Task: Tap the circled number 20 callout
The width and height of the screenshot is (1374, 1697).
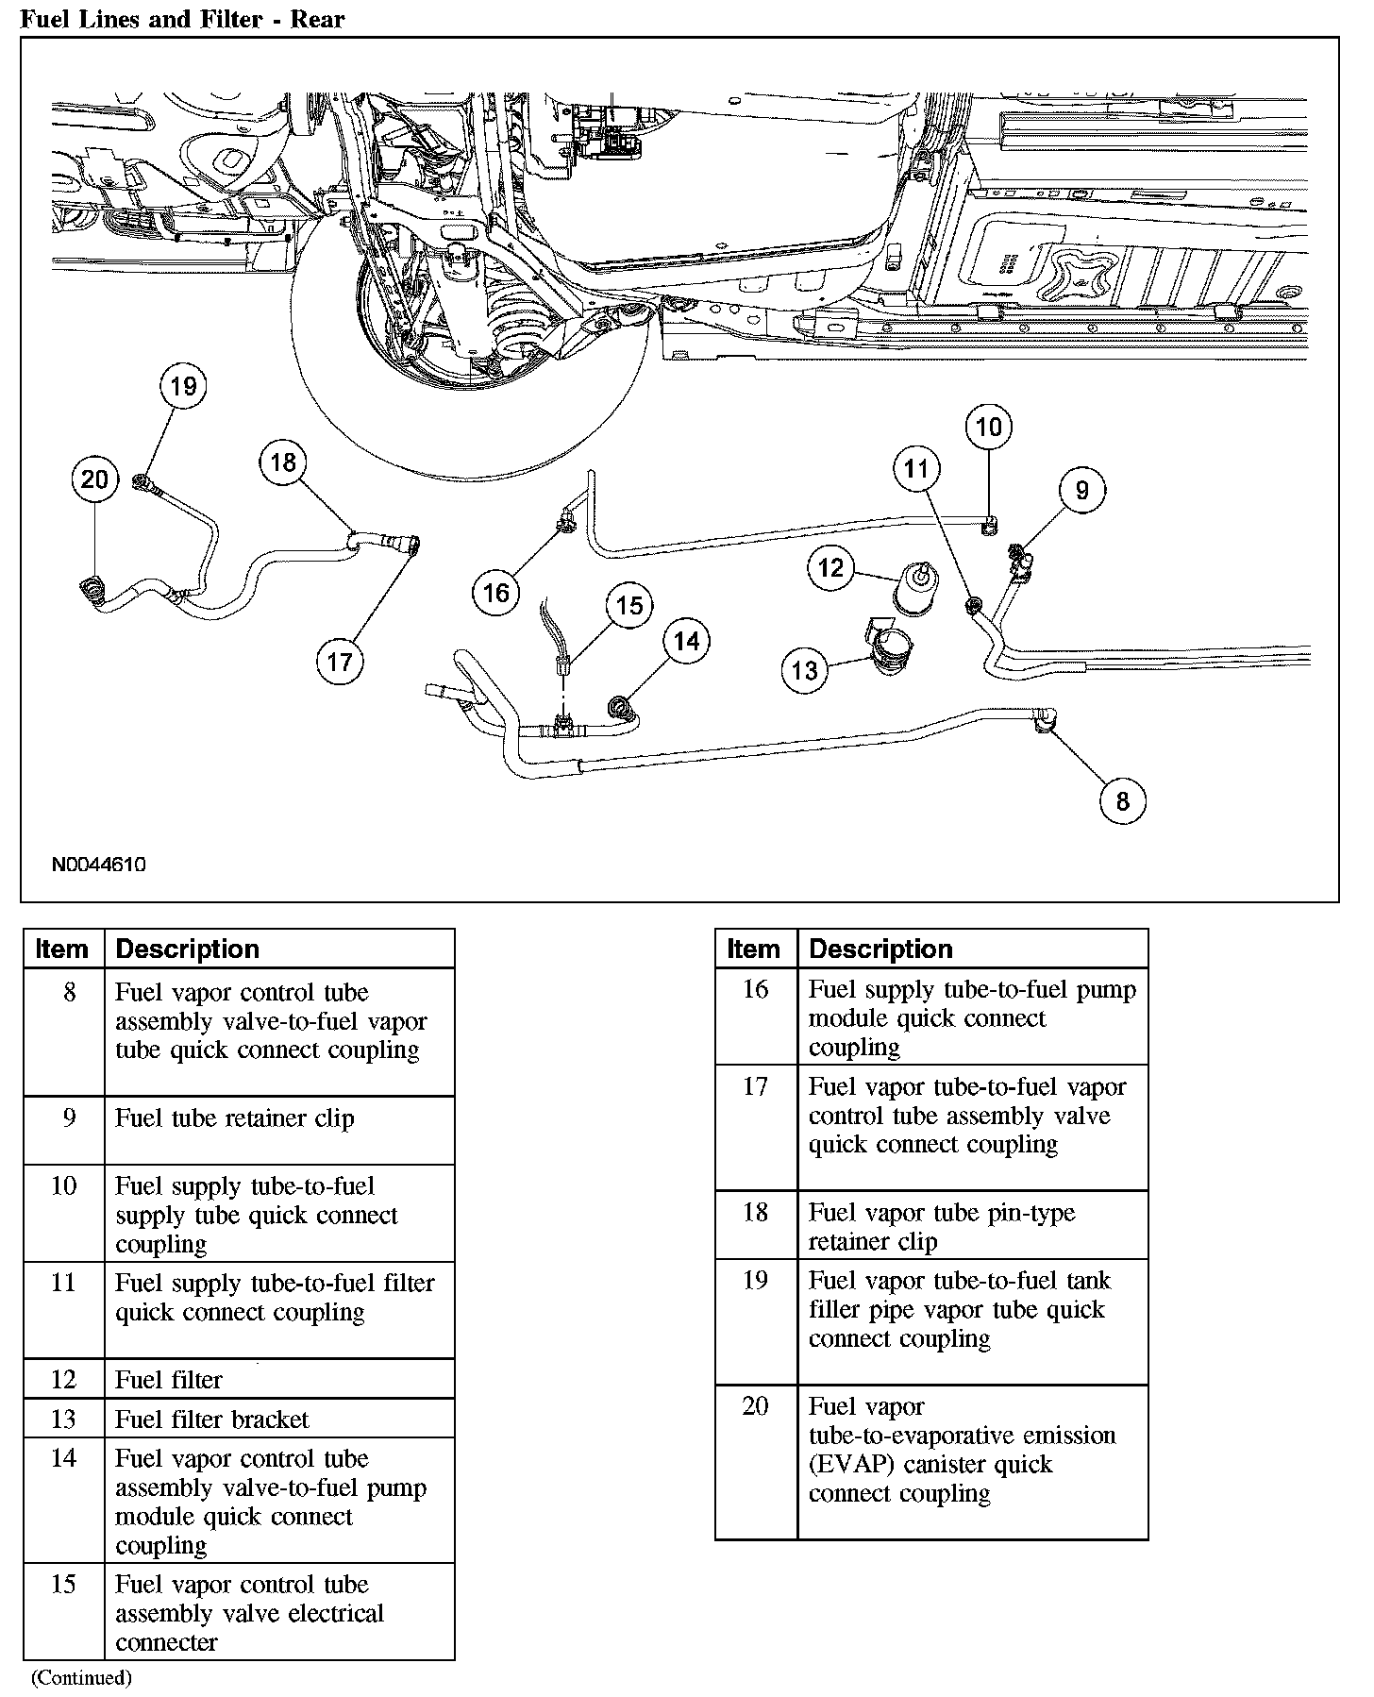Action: point(94,479)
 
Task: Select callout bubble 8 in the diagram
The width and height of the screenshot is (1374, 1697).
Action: point(1122,801)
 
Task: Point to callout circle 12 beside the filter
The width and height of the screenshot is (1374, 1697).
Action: point(830,568)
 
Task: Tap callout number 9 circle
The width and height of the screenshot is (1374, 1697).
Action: point(1081,490)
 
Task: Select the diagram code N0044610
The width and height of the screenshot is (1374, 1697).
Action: point(98,864)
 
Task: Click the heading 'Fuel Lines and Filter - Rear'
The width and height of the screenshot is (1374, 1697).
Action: point(182,19)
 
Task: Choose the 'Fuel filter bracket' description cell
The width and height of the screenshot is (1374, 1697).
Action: point(211,1419)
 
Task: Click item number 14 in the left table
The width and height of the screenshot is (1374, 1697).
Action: point(63,1458)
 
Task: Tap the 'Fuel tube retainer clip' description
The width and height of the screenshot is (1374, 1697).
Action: point(234,1118)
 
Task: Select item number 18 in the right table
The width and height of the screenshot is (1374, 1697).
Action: point(755,1212)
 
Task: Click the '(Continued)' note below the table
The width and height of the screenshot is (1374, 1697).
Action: point(81,1677)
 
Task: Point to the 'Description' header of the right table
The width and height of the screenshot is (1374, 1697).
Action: point(880,949)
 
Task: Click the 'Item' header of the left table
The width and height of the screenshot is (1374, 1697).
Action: point(62,949)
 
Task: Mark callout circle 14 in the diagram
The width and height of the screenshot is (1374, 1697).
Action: point(686,642)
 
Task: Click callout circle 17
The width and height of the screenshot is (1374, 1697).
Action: point(339,662)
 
